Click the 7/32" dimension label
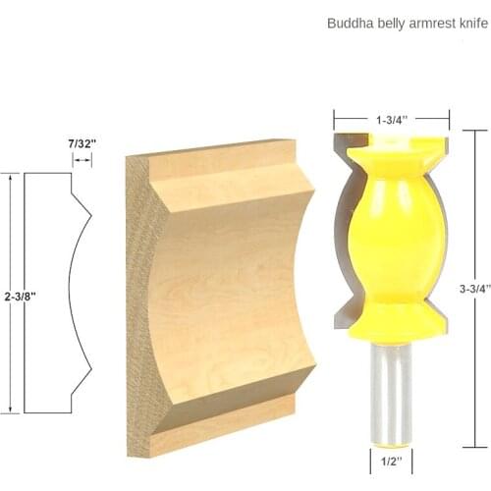click(81, 143)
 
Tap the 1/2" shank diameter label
click(391, 457)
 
